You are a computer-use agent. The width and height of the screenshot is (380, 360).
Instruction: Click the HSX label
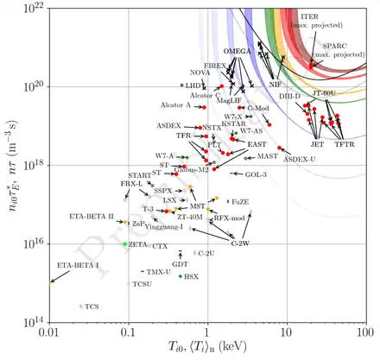pyautogui.click(x=192, y=277)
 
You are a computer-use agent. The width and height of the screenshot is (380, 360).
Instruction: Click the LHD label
pyautogui.click(x=193, y=86)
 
